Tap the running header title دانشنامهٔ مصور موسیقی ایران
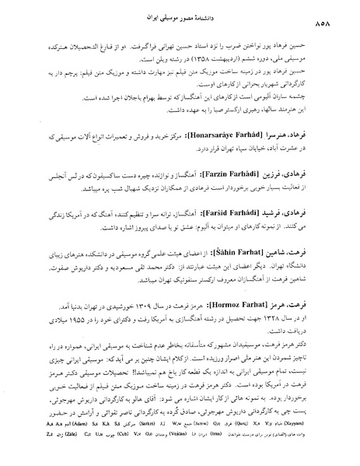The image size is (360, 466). [180, 16]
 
